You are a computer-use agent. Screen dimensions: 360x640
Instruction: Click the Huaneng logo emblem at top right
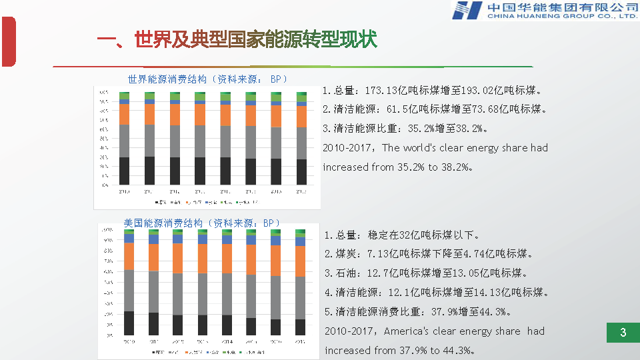467,10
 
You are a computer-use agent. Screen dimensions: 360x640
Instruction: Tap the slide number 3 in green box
623,333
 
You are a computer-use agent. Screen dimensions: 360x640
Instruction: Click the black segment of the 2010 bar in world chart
124,171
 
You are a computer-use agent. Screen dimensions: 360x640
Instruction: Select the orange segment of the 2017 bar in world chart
301,116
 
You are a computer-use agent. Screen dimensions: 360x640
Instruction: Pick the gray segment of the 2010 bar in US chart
129,291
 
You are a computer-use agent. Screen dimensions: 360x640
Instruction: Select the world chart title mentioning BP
208,79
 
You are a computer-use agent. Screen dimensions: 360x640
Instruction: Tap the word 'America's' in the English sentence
406,331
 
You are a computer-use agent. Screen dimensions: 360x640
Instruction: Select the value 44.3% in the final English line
456,351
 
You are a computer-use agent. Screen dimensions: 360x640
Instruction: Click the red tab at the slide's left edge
8,42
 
